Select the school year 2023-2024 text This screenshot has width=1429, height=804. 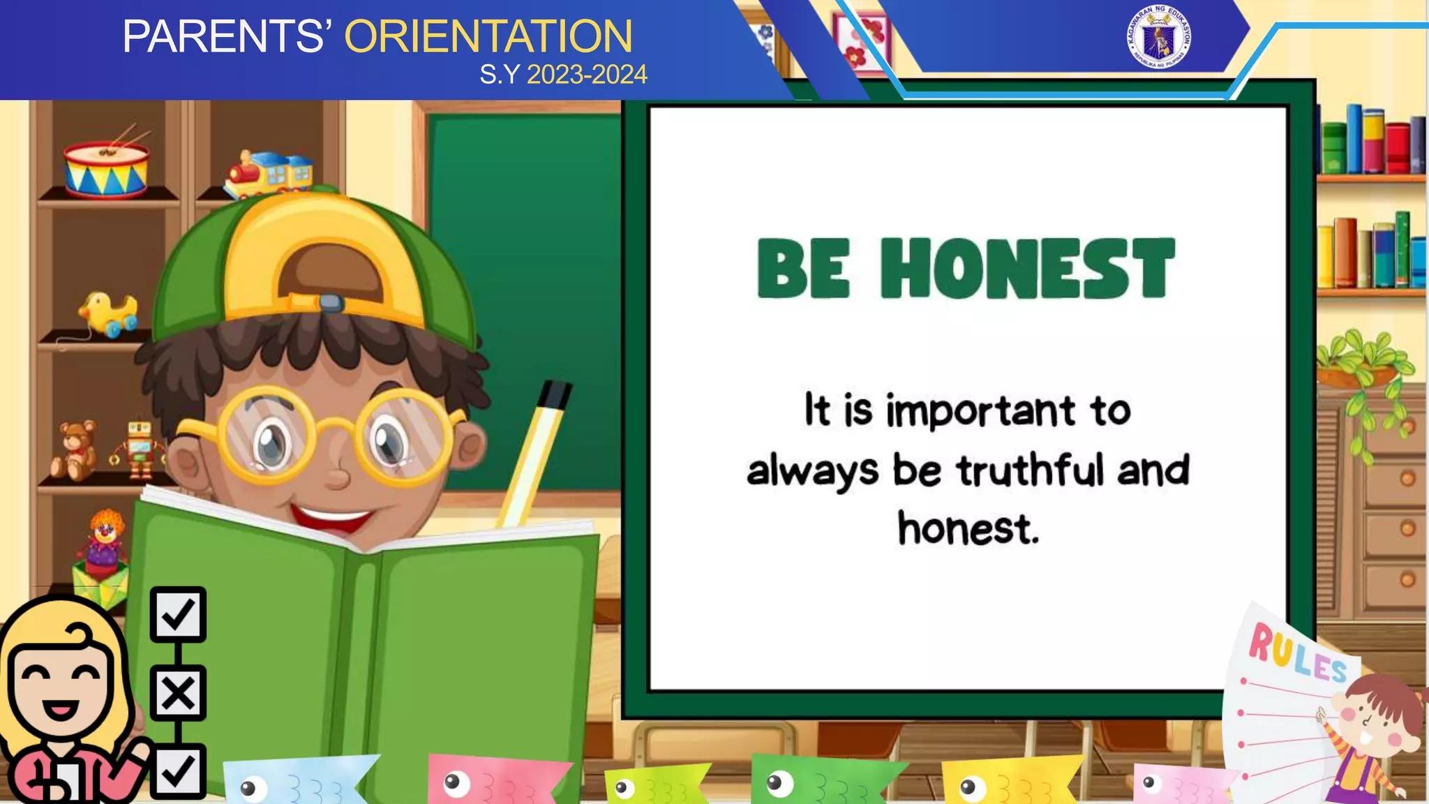click(587, 75)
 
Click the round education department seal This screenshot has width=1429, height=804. click(1158, 37)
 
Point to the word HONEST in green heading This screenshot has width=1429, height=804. click(1027, 269)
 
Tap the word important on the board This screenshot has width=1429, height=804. click(980, 412)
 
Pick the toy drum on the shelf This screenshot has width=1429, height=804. click(106, 170)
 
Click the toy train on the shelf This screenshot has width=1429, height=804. click(269, 174)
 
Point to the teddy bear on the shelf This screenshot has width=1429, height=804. click(75, 450)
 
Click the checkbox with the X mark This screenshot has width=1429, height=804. click(178, 694)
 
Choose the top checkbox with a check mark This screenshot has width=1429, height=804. click(178, 614)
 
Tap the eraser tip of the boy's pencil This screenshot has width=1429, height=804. click(555, 394)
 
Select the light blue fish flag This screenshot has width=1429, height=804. click(297, 782)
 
